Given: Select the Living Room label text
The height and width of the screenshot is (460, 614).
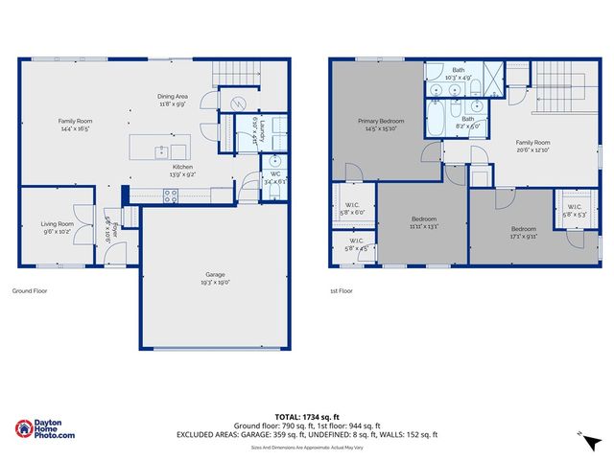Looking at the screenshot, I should (57, 223).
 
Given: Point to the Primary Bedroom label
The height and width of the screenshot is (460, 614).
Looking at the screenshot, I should (381, 121).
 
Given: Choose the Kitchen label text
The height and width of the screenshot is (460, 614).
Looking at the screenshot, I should (182, 168).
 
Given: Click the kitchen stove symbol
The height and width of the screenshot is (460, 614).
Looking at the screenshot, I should (171, 195).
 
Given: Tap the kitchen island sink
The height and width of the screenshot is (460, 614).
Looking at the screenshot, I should (162, 150).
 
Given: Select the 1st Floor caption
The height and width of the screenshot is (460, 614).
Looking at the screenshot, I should (341, 291).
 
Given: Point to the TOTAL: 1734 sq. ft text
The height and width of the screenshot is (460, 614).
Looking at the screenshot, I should (307, 416).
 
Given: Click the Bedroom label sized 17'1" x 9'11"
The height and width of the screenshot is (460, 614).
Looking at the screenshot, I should (523, 228).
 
